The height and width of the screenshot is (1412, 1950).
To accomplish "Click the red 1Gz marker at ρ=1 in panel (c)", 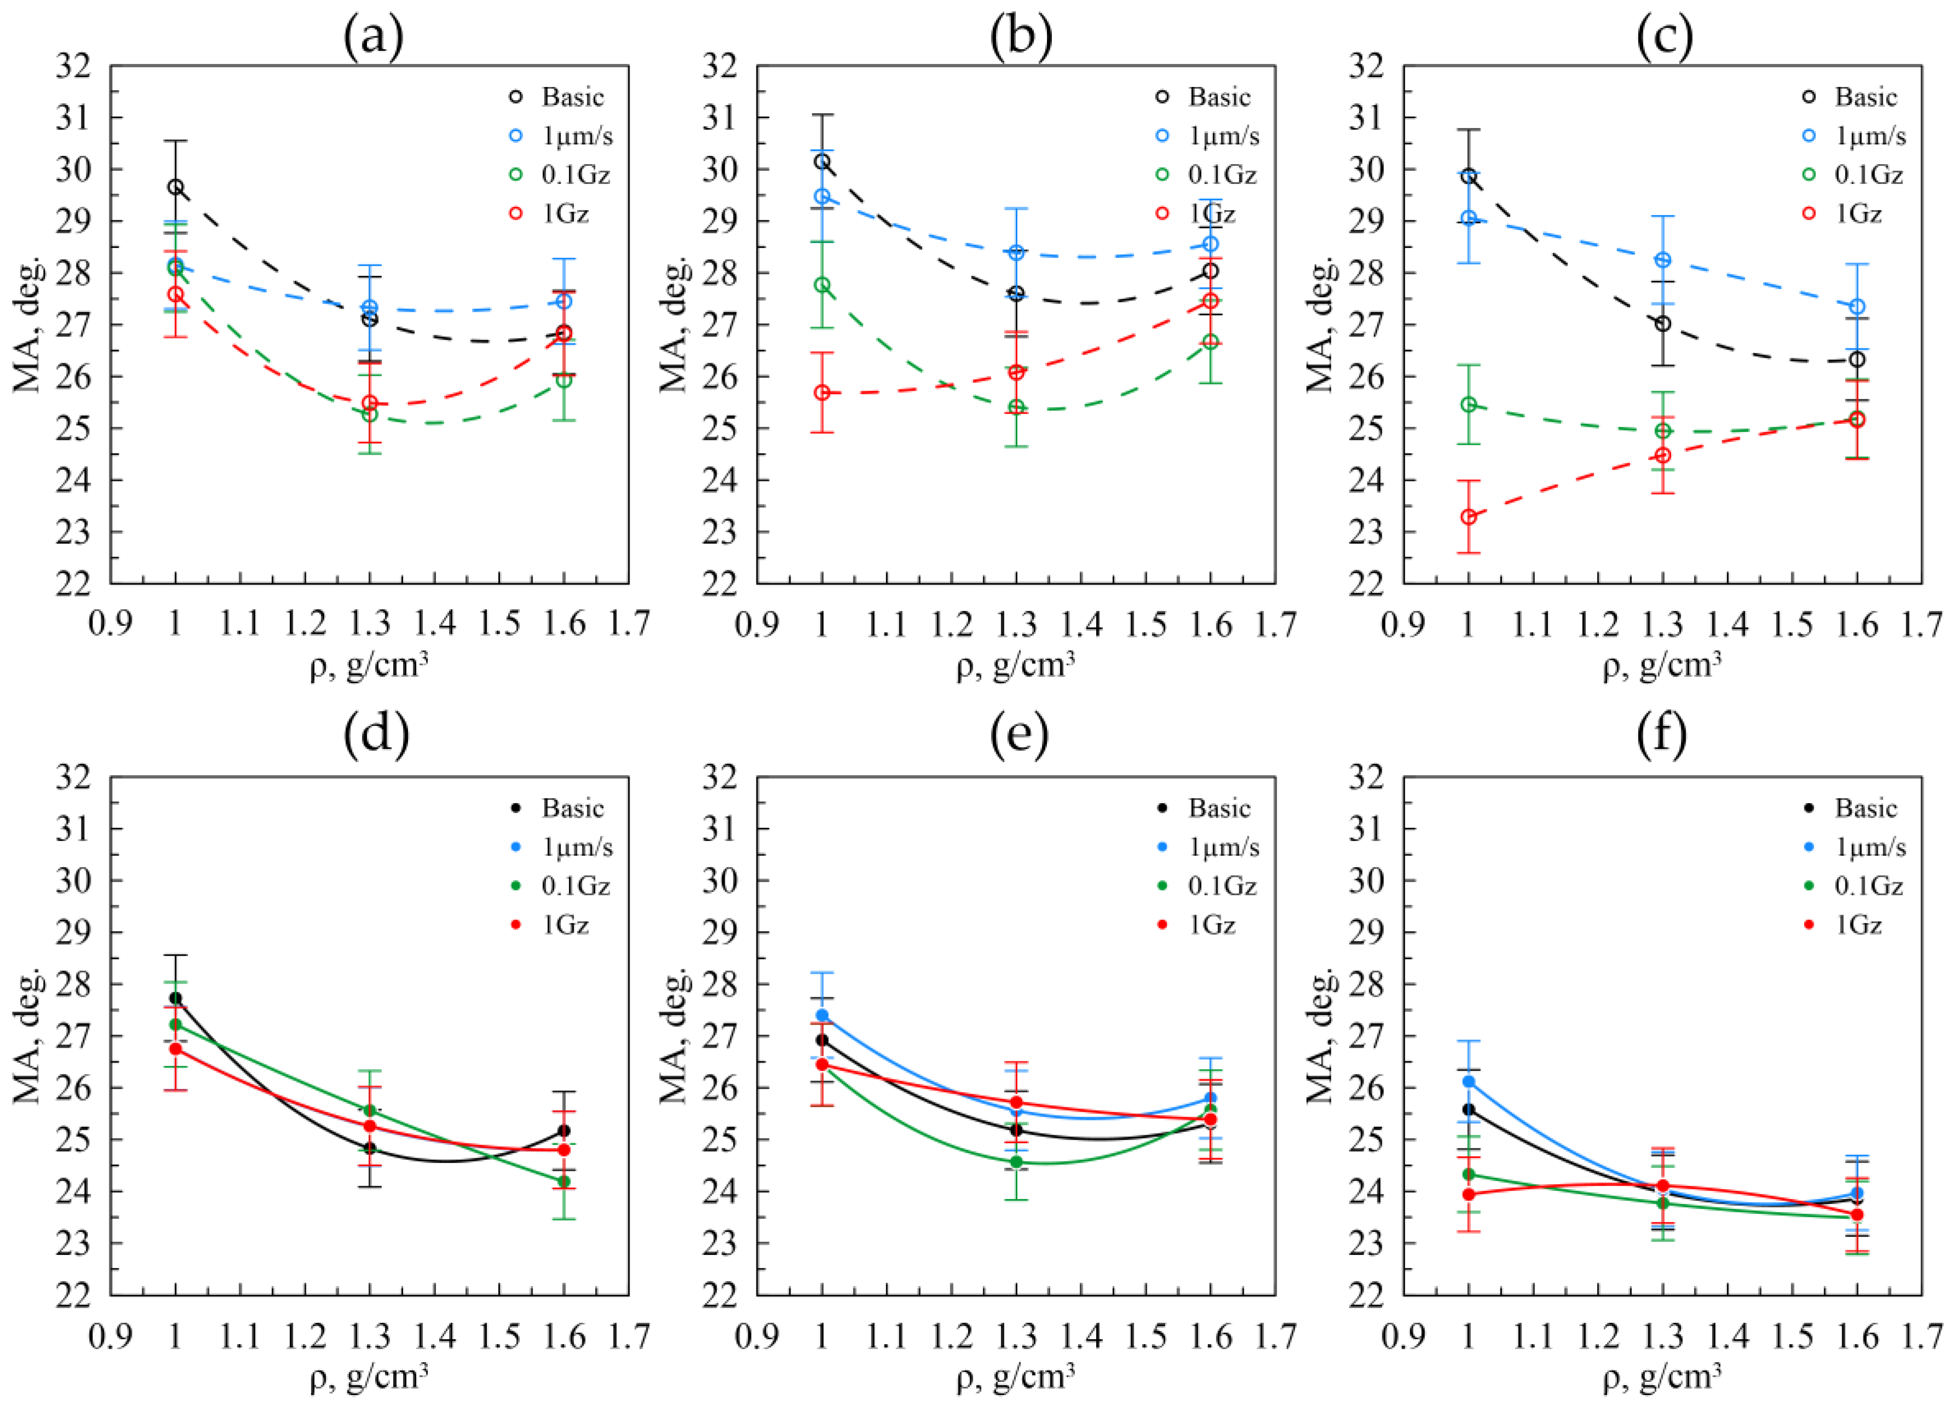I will tap(1469, 517).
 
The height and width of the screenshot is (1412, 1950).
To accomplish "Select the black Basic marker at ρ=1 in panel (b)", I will tap(822, 162).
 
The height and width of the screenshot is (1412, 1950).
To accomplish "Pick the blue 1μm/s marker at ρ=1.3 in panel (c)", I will tap(1663, 260).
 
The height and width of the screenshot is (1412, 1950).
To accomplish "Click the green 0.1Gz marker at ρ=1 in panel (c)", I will tap(1469, 404).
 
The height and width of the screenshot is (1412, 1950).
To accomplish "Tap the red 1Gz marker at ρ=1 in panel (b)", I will tap(822, 392).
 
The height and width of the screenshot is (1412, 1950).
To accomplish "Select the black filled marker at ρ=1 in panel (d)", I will tap(176, 997).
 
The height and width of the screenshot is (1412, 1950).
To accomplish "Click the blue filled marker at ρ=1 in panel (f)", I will tap(1469, 1081).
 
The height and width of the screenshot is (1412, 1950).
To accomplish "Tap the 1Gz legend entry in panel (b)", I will tap(1212, 213).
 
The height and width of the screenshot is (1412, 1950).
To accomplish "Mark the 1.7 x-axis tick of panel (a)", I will tap(628, 623).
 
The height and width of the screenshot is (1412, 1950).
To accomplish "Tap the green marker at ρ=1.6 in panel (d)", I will tap(564, 1182).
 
